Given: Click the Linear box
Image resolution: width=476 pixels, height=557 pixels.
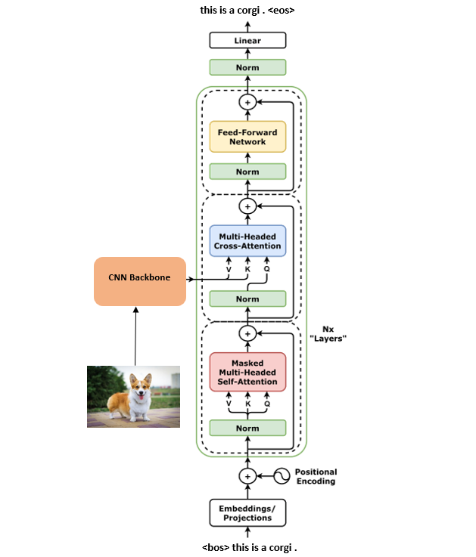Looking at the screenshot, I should (x=247, y=40).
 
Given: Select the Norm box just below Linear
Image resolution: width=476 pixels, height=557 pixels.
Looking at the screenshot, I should (x=247, y=67).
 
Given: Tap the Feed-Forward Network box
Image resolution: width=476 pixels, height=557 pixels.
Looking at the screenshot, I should (x=247, y=137).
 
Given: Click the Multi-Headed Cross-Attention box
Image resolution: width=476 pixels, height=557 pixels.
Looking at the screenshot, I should (x=247, y=241).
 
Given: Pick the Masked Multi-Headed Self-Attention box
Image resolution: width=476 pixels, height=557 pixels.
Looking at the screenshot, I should (x=247, y=372).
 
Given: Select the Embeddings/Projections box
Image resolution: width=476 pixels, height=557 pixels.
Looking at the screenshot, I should (x=247, y=513).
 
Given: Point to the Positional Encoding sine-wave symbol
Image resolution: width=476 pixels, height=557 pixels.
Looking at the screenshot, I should (x=282, y=476).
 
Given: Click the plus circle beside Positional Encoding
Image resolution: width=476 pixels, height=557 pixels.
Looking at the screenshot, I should (x=247, y=476).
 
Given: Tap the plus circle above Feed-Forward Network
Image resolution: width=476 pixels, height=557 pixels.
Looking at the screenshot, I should (x=247, y=101).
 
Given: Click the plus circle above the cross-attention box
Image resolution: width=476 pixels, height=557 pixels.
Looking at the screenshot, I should (x=247, y=206).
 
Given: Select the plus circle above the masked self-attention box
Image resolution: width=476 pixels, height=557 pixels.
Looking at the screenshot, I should (x=247, y=333).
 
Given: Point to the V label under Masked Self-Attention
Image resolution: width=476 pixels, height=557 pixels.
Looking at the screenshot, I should (x=229, y=404).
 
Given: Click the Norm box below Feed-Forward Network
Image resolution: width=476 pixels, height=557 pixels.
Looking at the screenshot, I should (x=247, y=172).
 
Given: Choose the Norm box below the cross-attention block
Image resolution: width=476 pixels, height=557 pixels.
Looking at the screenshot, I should (x=247, y=299).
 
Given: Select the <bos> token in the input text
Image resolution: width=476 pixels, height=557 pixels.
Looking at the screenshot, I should (x=215, y=546).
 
